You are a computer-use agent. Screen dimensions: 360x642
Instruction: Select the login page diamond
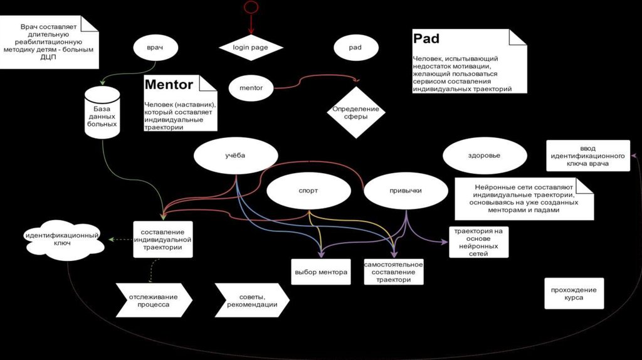pos(251,47)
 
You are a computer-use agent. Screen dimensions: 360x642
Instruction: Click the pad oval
pos(355,47)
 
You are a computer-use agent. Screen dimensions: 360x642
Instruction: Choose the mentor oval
pos(251,88)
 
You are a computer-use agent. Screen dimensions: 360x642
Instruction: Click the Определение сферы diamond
pos(355,112)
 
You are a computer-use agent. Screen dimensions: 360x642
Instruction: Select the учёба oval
pos(236,154)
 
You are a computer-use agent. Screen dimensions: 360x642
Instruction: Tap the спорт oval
pos(308,190)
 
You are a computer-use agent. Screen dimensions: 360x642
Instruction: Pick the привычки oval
pos(406,190)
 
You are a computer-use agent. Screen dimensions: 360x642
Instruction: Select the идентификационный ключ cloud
pos(65,239)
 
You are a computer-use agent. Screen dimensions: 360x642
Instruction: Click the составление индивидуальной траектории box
pos(162,239)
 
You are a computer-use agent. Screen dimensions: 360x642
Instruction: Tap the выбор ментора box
pos(320,272)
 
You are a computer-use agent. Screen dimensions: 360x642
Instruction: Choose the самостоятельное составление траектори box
pos(394,272)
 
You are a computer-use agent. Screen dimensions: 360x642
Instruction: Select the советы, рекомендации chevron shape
pos(252,300)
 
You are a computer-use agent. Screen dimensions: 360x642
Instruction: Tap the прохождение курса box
pos(574,294)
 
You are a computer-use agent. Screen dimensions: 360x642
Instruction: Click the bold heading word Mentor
pos(169,84)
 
